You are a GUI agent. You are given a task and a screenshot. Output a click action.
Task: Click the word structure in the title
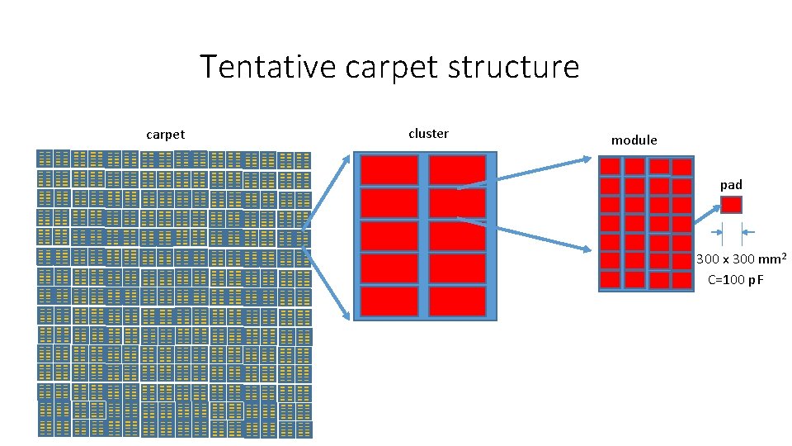(x=516, y=67)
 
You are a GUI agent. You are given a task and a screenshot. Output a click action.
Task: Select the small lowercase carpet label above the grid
(x=165, y=135)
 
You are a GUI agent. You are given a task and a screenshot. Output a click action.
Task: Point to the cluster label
(x=428, y=133)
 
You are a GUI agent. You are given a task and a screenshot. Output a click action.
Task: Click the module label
(x=634, y=140)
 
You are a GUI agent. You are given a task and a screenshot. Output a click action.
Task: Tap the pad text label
(x=731, y=184)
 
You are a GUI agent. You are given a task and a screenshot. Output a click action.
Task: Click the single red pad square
(x=731, y=205)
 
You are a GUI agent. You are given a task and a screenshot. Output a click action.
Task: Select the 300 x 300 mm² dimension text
(x=740, y=259)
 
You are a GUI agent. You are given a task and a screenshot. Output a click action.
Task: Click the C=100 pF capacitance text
(x=736, y=280)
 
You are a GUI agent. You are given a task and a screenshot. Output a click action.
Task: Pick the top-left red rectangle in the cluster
(x=389, y=170)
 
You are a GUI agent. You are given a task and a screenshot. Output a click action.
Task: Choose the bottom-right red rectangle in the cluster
(x=457, y=301)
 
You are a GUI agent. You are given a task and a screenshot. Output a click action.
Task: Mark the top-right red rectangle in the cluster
(x=457, y=170)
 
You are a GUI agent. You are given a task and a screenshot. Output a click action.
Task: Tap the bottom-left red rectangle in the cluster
(x=389, y=301)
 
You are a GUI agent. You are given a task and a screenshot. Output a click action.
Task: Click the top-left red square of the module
(x=610, y=167)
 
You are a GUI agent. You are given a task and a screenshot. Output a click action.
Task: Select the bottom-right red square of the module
(x=681, y=279)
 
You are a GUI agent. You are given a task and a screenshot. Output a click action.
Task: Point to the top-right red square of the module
(x=681, y=167)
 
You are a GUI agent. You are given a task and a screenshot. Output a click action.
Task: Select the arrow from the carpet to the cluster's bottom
(x=326, y=272)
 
